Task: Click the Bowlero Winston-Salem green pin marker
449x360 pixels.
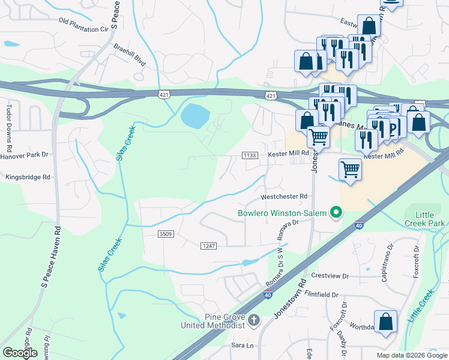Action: [x=336, y=212]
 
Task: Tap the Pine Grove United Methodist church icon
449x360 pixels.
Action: [x=253, y=320]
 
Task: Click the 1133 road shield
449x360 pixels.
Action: [x=250, y=155]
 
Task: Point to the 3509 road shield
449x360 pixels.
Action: [x=166, y=233]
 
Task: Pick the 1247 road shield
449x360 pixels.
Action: [x=208, y=245]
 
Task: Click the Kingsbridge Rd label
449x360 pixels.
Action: [x=28, y=178]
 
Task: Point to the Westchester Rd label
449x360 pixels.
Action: [x=284, y=196]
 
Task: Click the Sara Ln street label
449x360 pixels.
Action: [x=243, y=346]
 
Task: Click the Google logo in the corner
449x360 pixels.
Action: [x=20, y=352]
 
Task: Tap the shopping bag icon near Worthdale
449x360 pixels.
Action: [x=385, y=322]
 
